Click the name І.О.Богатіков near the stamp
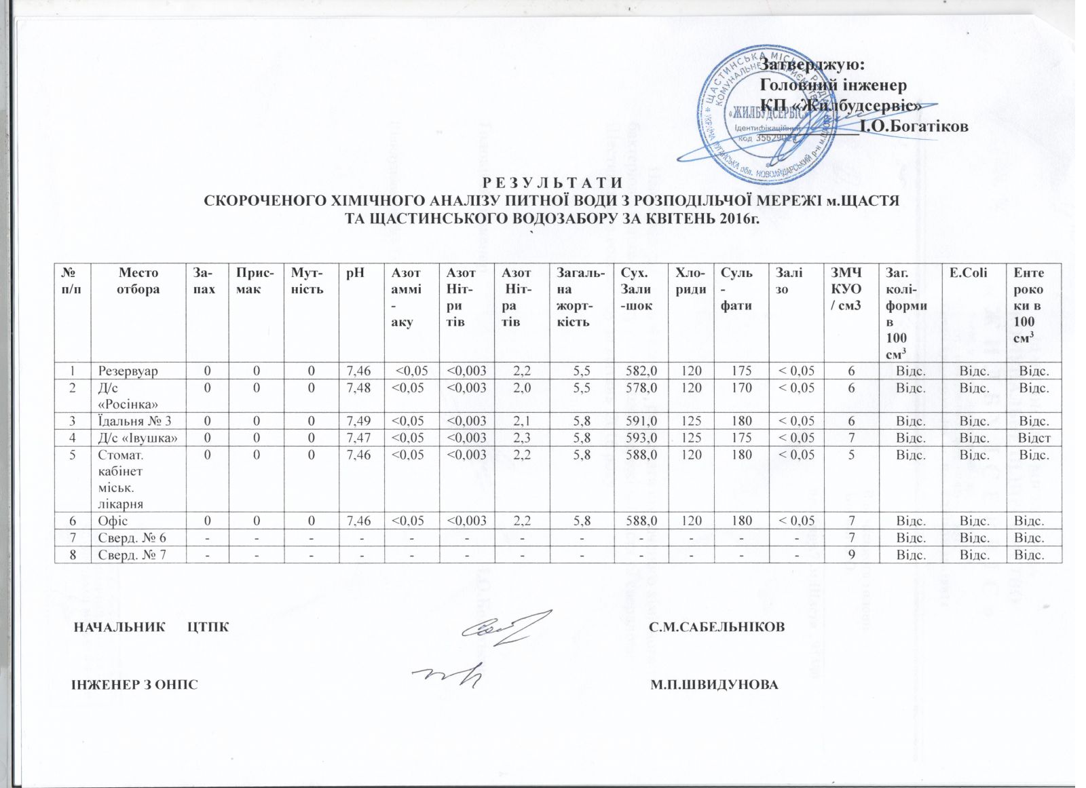(914, 126)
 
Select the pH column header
(355, 273)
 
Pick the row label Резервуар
(128, 371)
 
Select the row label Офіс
(113, 521)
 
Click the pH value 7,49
(358, 421)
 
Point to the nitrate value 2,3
(521, 438)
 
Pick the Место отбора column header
(138, 280)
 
